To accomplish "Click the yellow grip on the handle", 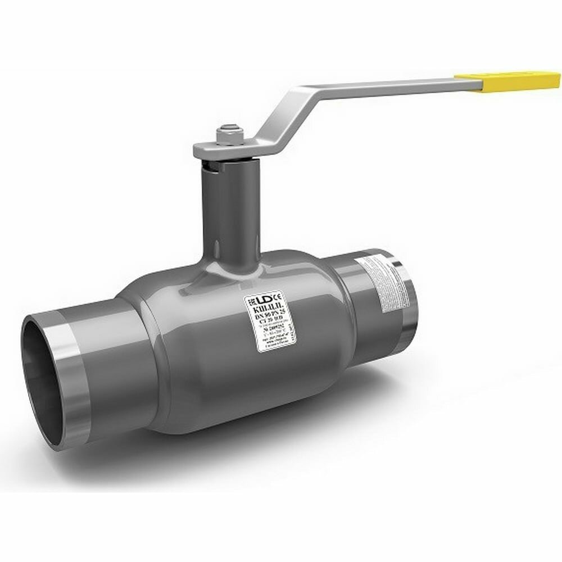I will coord(509,80).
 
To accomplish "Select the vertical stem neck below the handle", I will coord(230,214).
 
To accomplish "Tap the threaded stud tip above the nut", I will coord(228,129).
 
